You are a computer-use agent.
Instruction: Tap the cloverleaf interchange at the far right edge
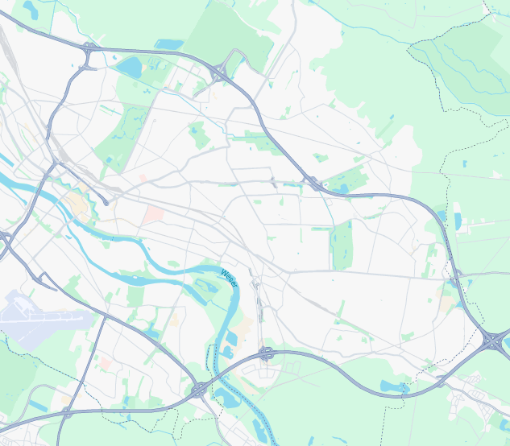(x=492, y=341)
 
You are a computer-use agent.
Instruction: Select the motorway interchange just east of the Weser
(x=265, y=353)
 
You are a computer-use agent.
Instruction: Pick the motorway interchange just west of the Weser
(x=198, y=390)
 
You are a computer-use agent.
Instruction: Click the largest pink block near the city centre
(x=154, y=214)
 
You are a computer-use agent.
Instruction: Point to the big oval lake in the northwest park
(x=129, y=66)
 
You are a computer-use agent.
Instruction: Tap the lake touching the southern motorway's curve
(x=394, y=387)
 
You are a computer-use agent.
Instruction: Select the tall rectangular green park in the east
(x=342, y=245)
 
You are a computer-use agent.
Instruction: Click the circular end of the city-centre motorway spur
(x=106, y=203)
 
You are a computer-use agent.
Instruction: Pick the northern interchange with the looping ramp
(x=220, y=72)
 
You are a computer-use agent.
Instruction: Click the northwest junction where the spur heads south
(x=89, y=48)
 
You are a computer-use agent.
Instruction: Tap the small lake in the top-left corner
(x=31, y=10)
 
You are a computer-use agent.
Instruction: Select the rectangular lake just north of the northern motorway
(x=169, y=44)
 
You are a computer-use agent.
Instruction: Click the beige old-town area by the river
(x=79, y=205)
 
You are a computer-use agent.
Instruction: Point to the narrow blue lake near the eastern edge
(x=458, y=220)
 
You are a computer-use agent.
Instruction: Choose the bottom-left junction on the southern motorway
(x=66, y=412)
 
